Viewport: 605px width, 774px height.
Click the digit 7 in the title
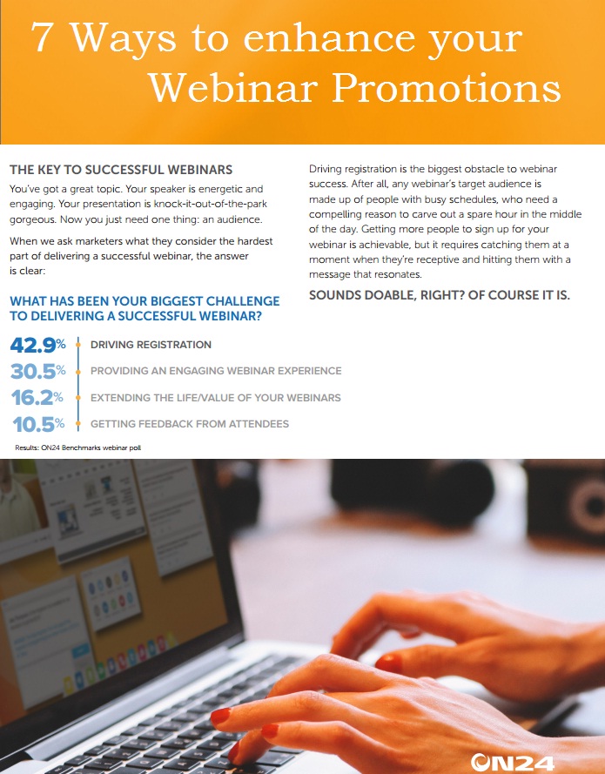point(42,37)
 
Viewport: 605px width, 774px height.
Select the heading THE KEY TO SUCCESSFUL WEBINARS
point(121,170)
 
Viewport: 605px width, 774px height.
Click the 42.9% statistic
point(38,345)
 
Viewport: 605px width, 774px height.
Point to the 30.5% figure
point(38,371)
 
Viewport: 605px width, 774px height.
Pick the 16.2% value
point(37,397)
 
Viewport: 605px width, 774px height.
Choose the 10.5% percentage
point(38,424)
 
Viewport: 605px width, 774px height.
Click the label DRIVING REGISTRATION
point(151,345)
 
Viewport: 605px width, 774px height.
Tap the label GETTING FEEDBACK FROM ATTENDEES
point(190,423)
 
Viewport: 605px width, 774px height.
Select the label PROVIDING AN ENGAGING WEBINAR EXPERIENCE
point(216,371)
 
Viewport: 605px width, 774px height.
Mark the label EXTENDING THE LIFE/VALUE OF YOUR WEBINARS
point(216,397)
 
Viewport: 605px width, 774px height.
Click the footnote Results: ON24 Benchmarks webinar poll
point(78,448)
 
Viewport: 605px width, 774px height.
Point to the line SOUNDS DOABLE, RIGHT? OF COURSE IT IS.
point(440,295)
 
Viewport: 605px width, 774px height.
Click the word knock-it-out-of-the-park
point(211,204)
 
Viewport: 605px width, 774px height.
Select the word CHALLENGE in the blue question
point(242,301)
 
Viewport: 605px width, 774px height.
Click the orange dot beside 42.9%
point(78,345)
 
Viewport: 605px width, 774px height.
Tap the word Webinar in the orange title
point(233,88)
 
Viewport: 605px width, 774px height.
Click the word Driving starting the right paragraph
point(326,169)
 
